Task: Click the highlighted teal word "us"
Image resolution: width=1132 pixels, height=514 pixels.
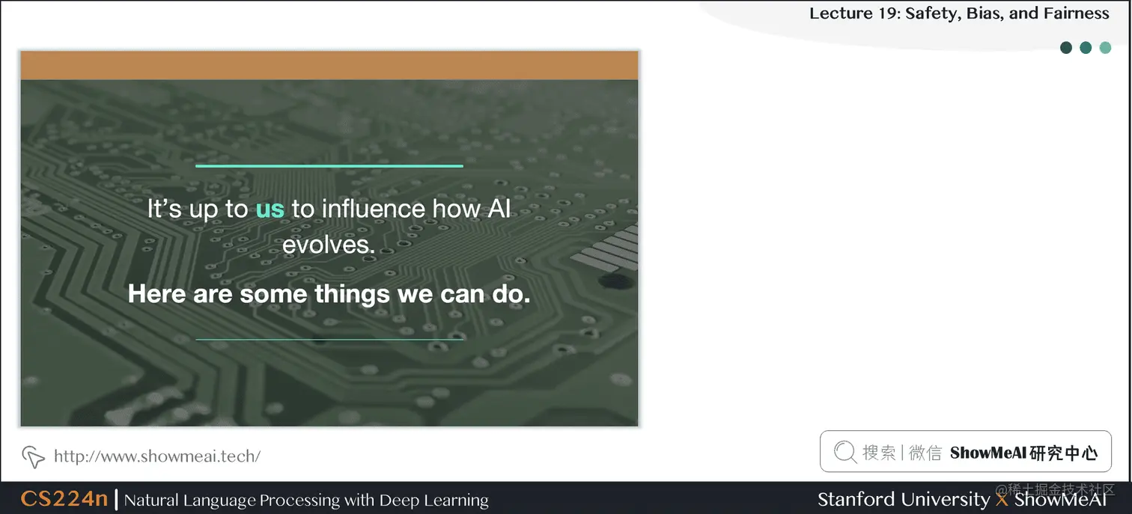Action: tap(270, 209)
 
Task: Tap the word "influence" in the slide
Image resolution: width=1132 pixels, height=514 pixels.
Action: tap(361, 209)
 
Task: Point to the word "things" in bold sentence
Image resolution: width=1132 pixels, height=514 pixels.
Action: tap(353, 294)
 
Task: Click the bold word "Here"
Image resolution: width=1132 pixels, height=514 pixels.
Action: tap(157, 294)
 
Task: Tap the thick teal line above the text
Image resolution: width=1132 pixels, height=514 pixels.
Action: tap(329, 165)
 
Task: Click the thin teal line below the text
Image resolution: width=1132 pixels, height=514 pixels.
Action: tap(329, 339)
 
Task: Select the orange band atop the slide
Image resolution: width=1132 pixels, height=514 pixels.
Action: tap(329, 65)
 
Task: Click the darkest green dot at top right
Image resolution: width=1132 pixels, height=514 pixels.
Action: tap(1066, 48)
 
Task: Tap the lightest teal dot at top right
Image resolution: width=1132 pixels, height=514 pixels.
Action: tap(1105, 48)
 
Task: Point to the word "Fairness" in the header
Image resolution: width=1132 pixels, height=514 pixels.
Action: tap(1077, 13)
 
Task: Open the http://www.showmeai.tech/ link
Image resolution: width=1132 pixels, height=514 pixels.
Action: tap(157, 456)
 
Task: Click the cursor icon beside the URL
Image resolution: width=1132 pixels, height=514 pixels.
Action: tap(33, 456)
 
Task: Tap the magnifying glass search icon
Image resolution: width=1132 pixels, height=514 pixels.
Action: tap(845, 451)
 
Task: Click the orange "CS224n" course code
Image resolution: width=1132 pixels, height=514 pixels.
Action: tap(64, 499)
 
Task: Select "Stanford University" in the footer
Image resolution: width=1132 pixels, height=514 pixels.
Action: tap(903, 499)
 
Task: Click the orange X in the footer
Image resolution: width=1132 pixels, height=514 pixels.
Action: tap(1002, 499)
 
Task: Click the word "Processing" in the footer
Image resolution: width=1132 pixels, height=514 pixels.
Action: tap(286, 500)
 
